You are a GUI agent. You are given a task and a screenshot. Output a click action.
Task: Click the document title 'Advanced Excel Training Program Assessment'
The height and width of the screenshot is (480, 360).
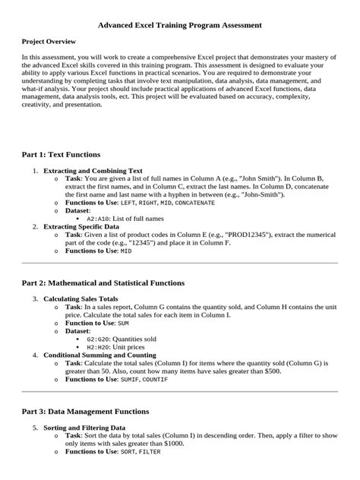click(x=180, y=25)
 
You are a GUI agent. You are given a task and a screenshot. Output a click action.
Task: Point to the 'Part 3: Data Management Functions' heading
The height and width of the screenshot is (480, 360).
click(x=96, y=411)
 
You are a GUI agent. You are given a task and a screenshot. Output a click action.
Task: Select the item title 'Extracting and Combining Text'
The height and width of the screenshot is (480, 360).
click(x=93, y=171)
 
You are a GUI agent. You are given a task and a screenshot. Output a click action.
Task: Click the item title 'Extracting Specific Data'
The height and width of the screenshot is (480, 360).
click(x=81, y=226)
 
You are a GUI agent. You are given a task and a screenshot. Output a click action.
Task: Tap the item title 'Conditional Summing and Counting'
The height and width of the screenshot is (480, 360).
click(x=100, y=355)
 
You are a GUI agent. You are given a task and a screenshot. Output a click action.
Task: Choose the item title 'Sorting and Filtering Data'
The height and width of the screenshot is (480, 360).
click(x=85, y=428)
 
